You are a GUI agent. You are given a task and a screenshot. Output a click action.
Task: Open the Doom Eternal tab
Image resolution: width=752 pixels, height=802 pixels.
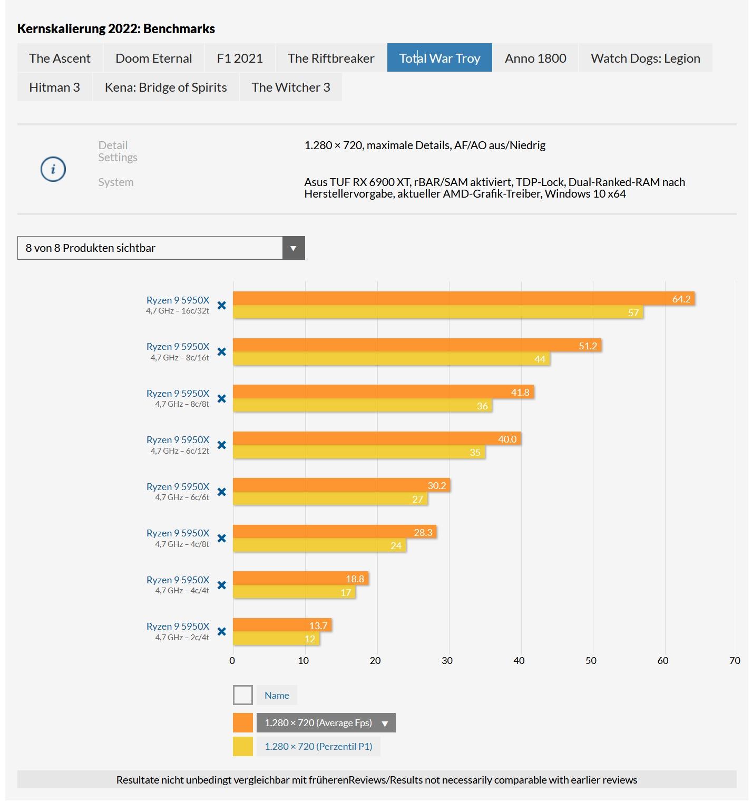pos(153,58)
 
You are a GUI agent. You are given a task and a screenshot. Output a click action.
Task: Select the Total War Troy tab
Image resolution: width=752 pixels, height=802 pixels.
pos(440,58)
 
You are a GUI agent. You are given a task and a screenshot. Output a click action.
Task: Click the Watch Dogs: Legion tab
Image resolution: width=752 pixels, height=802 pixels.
pos(645,58)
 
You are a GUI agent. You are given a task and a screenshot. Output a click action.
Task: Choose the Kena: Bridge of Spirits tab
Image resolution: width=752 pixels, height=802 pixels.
pos(165,87)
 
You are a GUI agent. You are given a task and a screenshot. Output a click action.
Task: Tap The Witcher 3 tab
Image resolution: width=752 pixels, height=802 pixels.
pos(290,87)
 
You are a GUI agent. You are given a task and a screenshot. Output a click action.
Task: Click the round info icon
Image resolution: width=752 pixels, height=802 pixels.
pos(53,169)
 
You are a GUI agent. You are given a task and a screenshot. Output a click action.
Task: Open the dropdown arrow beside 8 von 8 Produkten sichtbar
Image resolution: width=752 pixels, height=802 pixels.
pos(294,248)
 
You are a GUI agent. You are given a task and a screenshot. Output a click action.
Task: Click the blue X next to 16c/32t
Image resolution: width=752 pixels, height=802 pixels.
pos(222,305)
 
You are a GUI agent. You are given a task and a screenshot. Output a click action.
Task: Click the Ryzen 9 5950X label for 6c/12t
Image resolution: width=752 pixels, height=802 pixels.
pos(178,439)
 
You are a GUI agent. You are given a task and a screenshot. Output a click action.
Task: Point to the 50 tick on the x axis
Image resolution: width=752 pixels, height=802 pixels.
pos(591,661)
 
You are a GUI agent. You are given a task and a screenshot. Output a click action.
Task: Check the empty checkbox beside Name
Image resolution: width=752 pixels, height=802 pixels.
pos(243,695)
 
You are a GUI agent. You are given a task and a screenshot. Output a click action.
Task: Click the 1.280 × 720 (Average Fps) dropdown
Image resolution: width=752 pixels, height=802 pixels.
pos(326,723)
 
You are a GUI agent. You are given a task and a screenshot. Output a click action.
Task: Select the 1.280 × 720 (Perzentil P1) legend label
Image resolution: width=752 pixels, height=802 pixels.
pos(318,747)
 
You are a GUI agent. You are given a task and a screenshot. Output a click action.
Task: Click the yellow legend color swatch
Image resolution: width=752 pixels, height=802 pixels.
pos(243,747)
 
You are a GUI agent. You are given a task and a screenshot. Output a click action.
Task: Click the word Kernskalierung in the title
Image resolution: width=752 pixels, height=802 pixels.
pos(61,29)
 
